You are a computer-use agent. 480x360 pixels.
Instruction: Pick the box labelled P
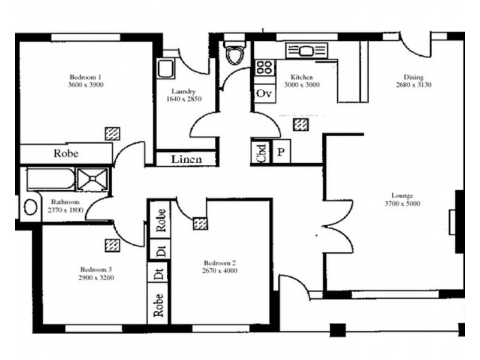281,151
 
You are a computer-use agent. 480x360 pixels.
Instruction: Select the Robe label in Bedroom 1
66,153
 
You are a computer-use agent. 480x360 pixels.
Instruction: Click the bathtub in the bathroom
51,179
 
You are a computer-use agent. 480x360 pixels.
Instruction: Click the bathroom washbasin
31,207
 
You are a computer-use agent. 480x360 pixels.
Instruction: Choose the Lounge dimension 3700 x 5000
406,203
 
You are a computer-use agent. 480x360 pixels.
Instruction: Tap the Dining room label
413,77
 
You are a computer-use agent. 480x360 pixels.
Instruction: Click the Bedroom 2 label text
220,263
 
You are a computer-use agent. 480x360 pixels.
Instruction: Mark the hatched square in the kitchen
301,124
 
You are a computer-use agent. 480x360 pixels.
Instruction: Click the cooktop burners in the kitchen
265,67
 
